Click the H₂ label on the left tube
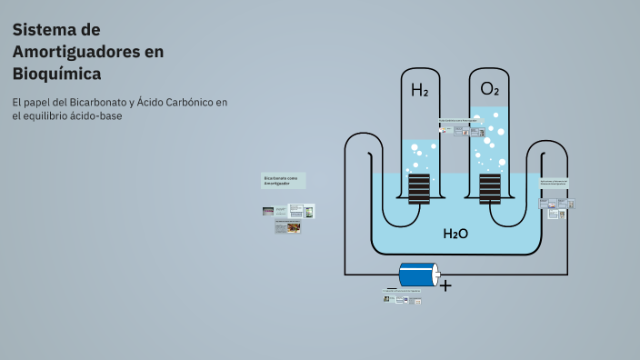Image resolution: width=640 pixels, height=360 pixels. click(419, 91)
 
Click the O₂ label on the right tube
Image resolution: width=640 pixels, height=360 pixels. click(489, 89)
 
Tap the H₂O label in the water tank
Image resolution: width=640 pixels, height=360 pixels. click(455, 234)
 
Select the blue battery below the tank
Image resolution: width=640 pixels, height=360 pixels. click(416, 275)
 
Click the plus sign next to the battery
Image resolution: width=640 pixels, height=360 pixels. click(445, 285)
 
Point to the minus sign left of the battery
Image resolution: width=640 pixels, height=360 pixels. click(391, 286)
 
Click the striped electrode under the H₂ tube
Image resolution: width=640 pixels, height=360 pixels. click(419, 189)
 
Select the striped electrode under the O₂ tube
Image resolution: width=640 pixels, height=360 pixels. click(489, 189)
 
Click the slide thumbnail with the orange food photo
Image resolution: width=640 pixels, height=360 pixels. click(293, 228)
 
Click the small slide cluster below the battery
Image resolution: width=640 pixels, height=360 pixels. click(404, 296)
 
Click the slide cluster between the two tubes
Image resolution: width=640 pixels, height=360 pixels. click(458, 127)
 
